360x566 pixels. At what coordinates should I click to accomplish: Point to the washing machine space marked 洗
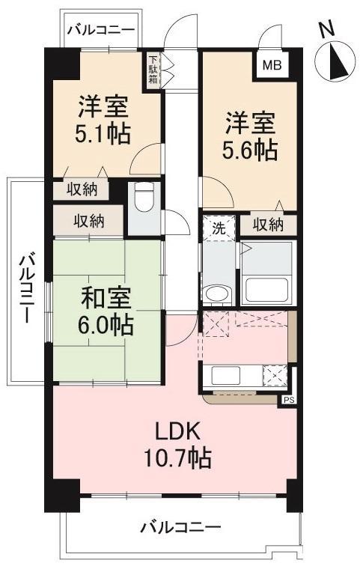coord(219,226)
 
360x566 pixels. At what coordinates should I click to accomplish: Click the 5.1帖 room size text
coord(106,135)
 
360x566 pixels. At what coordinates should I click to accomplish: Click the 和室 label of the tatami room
coord(106,298)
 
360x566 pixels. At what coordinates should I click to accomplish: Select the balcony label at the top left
coord(100,31)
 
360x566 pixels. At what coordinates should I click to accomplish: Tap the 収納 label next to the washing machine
coord(267,224)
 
